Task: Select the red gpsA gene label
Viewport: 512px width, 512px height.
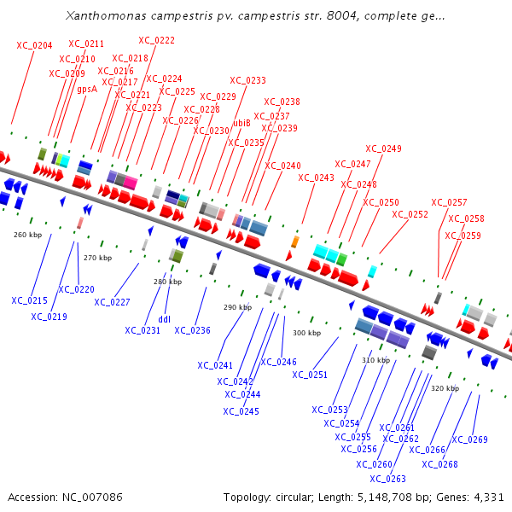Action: pyautogui.click(x=87, y=89)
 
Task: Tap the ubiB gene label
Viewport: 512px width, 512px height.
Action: pyautogui.click(x=242, y=123)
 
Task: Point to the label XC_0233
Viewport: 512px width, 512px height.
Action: pyautogui.click(x=248, y=80)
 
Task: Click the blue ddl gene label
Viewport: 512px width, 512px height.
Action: pyautogui.click(x=165, y=321)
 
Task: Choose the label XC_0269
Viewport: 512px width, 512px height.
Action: pyautogui.click(x=469, y=439)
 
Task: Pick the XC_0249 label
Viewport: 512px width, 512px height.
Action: pyautogui.click(x=383, y=148)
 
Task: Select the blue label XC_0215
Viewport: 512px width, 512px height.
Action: pyautogui.click(x=29, y=300)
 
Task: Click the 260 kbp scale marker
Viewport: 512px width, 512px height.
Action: pyautogui.click(x=28, y=234)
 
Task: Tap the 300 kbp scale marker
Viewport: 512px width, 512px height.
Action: pyautogui.click(x=307, y=333)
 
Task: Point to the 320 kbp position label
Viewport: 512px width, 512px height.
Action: pyautogui.click(x=445, y=388)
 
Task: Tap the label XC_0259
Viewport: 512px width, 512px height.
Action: pyautogui.click(x=463, y=236)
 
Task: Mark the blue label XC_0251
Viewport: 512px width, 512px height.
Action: pyautogui.click(x=310, y=375)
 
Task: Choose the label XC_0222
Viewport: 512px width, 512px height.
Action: pyautogui.click(x=157, y=40)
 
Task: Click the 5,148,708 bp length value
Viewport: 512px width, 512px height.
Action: pyautogui.click(x=390, y=497)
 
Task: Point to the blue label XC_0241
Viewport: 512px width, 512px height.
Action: pyautogui.click(x=215, y=365)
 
